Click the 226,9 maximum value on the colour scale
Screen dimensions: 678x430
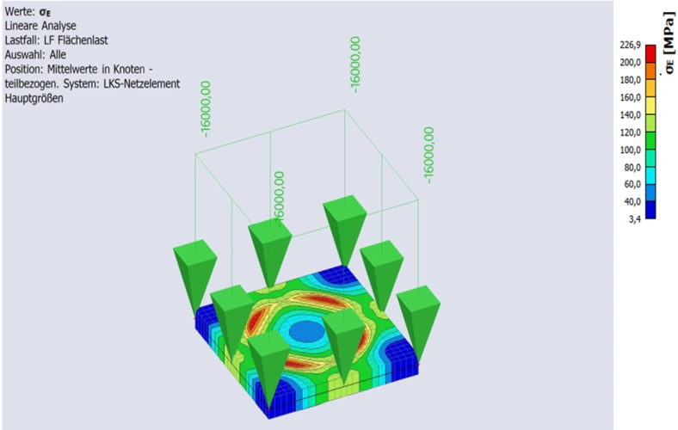pos(630,45)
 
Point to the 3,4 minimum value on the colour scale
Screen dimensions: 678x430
pos(635,219)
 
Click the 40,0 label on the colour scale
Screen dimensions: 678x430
pos(632,202)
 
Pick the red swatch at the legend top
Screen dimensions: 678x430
pos(650,53)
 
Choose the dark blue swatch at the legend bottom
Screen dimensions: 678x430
pos(650,210)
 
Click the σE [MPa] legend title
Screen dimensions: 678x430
pos(669,42)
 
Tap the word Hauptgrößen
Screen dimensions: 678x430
pos(34,99)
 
